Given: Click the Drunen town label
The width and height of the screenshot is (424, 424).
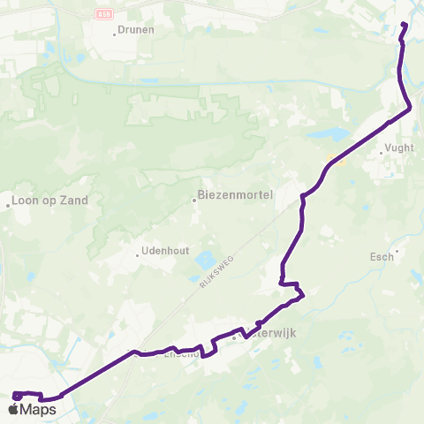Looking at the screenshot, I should [x=137, y=29].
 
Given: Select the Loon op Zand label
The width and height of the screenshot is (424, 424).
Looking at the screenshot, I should [x=51, y=201].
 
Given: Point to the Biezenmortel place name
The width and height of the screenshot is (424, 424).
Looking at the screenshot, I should [x=234, y=194].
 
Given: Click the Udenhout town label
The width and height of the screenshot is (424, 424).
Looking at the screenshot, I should [x=165, y=251].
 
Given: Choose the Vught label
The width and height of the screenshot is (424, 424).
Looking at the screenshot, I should [x=399, y=148].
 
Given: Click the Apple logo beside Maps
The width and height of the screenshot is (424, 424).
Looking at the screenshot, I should [x=13, y=410].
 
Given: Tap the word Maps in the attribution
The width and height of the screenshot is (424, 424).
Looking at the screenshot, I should [x=38, y=410].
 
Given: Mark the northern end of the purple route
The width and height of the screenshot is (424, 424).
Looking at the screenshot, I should [x=405, y=24].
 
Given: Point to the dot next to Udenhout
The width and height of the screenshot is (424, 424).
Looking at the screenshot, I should [x=137, y=255].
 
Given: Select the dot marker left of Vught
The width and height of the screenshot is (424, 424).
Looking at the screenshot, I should [x=381, y=154].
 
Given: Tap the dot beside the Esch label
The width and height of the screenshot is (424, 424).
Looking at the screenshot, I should [x=397, y=251].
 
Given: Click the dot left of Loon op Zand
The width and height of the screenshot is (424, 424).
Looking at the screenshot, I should [x=8, y=205].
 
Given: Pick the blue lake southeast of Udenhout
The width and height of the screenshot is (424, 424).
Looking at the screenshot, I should [x=205, y=261].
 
